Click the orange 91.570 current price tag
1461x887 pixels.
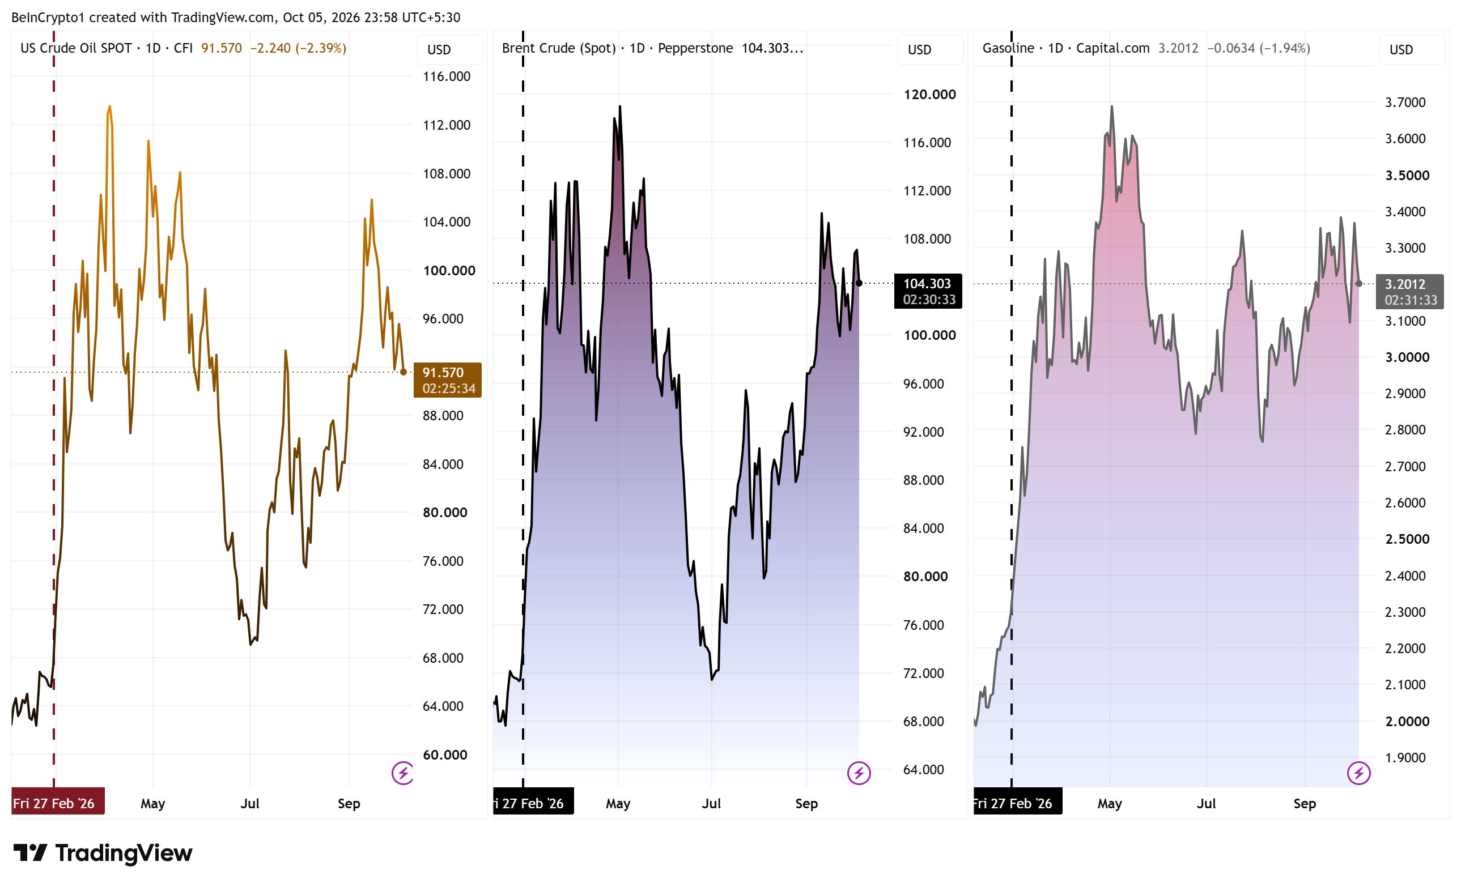pos(448,380)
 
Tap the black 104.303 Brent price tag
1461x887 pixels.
pos(928,291)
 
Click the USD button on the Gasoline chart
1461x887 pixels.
pos(1411,50)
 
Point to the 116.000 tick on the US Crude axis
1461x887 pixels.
pos(447,76)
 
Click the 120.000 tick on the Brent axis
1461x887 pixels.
pos(929,94)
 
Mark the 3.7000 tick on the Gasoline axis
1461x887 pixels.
pos(1405,103)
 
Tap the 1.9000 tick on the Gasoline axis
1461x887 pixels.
pos(1405,758)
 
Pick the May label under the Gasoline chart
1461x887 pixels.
pos(1110,804)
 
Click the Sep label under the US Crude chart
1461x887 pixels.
pos(349,804)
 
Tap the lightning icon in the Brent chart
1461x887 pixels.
pos(859,773)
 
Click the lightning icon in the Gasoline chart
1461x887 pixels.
pos(1358,773)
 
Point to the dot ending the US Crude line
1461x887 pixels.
pos(404,372)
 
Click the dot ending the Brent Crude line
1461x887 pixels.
pos(859,283)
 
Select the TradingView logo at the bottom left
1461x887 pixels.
pos(103,853)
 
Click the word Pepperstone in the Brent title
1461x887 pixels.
pos(695,48)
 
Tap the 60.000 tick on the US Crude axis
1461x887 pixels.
pos(445,755)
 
